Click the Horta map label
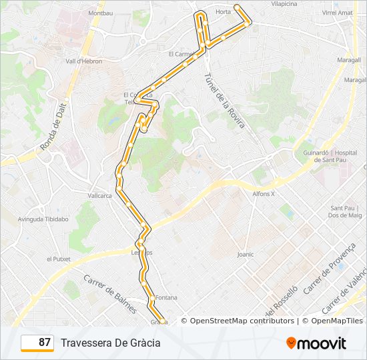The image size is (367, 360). click(x=224, y=12)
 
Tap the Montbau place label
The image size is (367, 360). click(x=100, y=13)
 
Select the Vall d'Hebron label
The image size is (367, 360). click(x=84, y=61)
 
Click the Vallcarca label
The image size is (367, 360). click(x=99, y=195)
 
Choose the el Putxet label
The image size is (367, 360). click(x=58, y=259)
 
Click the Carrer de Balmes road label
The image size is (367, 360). click(x=110, y=294)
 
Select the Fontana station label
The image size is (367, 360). click(x=165, y=297)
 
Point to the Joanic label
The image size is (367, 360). click(x=246, y=254)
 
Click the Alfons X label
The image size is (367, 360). click(x=264, y=193)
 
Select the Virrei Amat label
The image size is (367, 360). click(x=337, y=13)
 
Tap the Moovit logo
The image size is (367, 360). click(x=316, y=343)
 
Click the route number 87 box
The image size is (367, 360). click(x=37, y=343)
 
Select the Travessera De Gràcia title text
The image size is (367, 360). click(x=111, y=343)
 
